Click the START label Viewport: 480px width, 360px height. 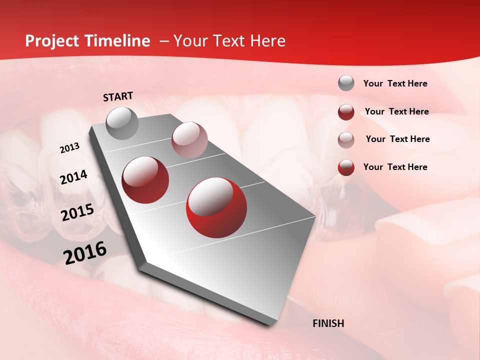[118, 96]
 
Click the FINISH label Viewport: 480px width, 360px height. [328, 323]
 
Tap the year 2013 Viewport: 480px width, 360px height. [69, 148]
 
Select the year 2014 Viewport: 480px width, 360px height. [73, 177]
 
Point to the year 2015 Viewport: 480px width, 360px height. [77, 212]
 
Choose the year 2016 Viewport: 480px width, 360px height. [85, 252]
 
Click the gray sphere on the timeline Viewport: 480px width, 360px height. [122, 123]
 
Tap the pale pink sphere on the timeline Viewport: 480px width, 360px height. [189, 140]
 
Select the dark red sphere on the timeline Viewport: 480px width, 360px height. [145, 180]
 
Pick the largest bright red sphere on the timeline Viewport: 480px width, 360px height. [216, 208]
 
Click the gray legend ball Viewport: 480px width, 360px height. [346, 83]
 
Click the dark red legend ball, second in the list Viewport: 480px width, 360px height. [346, 112]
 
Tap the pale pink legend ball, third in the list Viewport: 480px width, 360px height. [346, 139]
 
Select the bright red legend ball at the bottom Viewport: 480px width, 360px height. [346, 167]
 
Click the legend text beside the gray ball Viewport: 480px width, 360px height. [395, 83]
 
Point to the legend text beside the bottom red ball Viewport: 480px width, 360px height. [395, 167]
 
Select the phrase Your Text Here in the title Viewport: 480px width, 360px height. [229, 41]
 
